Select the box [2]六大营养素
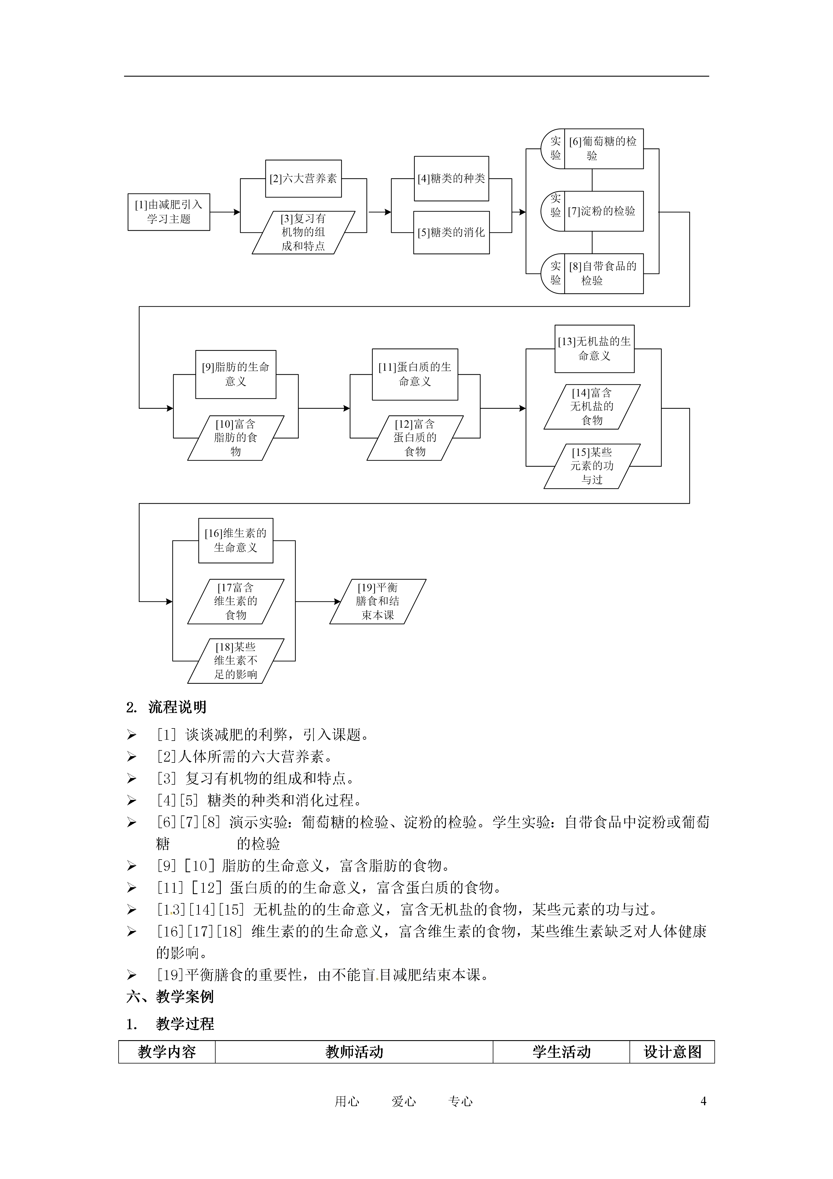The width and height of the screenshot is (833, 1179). pyautogui.click(x=303, y=179)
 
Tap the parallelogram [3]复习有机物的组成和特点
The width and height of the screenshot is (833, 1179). pyautogui.click(x=303, y=233)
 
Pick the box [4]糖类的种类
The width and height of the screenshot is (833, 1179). pyautogui.click(x=451, y=179)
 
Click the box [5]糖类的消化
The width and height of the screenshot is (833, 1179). pyautogui.click(x=451, y=233)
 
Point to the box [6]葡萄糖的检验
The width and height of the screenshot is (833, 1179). pyautogui.click(x=603, y=149)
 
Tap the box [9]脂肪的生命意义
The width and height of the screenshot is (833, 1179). pyautogui.click(x=235, y=374)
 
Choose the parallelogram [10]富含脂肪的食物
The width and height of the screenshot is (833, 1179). pyautogui.click(x=235, y=438)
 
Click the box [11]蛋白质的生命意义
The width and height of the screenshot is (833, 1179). pyautogui.click(x=415, y=374)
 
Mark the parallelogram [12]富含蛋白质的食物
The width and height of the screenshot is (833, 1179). pyautogui.click(x=415, y=438)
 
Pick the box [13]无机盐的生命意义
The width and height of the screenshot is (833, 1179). pyautogui.click(x=594, y=349)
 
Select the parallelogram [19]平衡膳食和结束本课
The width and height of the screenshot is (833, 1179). pyautogui.click(x=378, y=601)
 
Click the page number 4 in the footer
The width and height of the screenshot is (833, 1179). pyautogui.click(x=703, y=1101)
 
